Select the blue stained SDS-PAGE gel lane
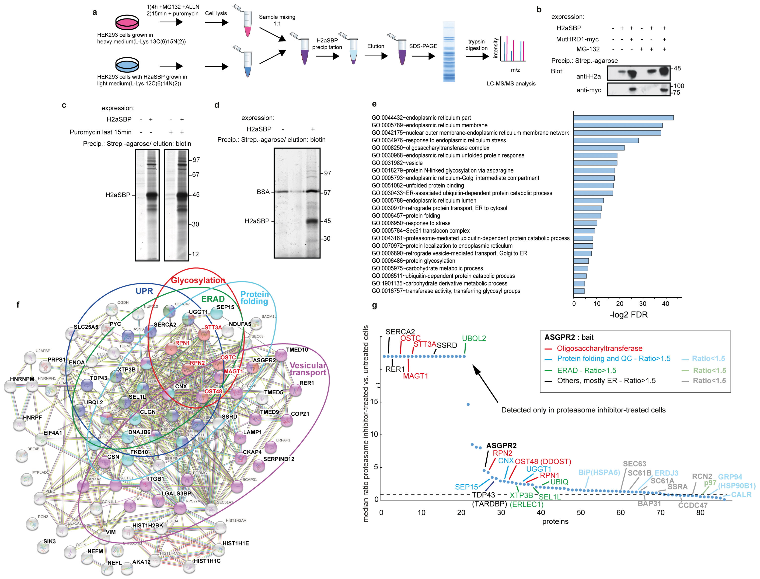coord(448,52)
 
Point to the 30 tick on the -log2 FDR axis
coord(643,304)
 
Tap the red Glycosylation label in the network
coord(198,280)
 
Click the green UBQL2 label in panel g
coord(474,338)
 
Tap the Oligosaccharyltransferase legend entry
coord(599,349)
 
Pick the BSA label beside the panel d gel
coord(263,192)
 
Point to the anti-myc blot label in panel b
coord(588,90)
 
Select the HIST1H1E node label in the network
coord(236,543)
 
